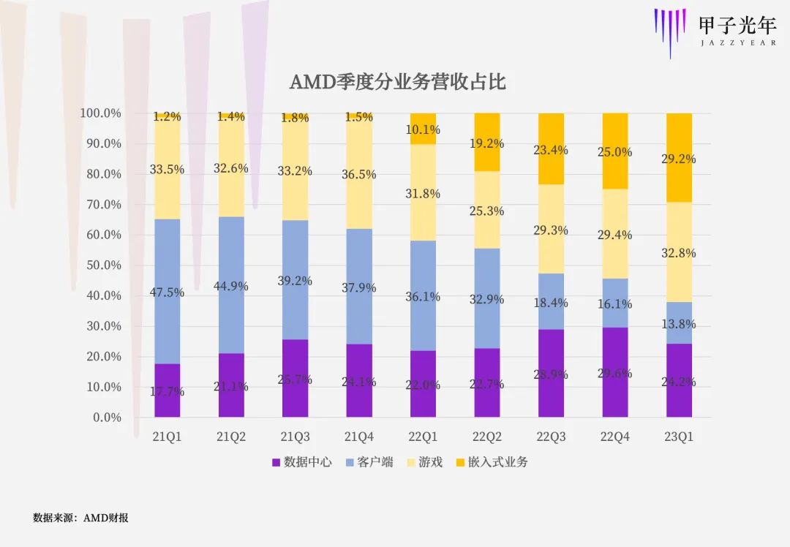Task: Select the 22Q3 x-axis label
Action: [551, 437]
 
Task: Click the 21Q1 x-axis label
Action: [168, 437]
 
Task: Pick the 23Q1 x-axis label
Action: [680, 437]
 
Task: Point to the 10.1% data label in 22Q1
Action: [423, 130]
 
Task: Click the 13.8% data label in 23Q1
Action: [680, 323]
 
